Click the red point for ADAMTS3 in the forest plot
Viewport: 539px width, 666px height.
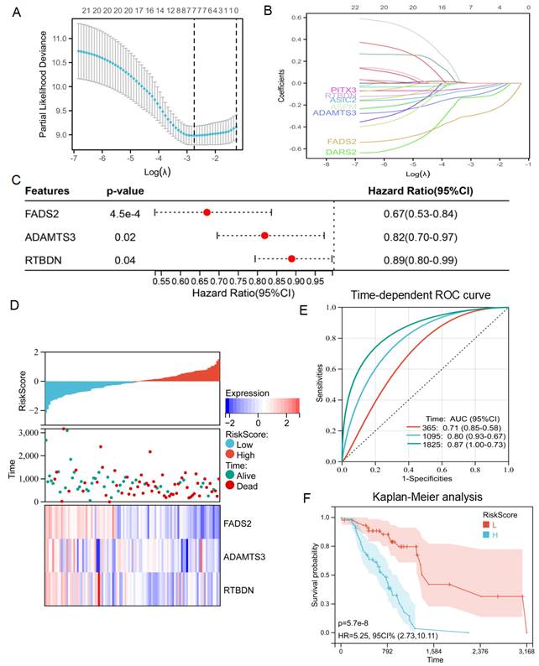coord(265,237)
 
